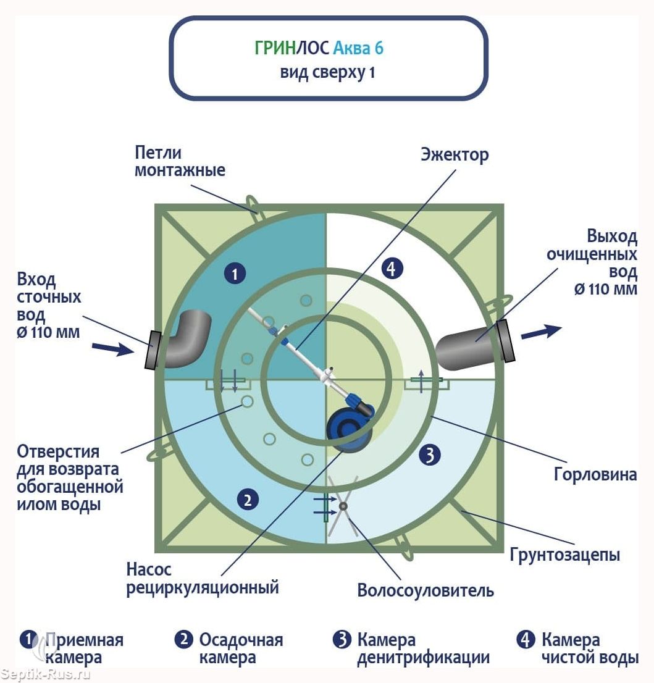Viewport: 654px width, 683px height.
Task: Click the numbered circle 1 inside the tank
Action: pyautogui.click(x=235, y=273)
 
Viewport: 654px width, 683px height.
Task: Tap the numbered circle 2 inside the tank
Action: pyautogui.click(x=247, y=500)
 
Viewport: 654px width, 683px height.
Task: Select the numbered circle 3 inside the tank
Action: pyautogui.click(x=429, y=455)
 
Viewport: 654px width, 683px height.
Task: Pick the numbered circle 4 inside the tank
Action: pyautogui.click(x=393, y=269)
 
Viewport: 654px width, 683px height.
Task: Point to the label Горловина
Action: pyautogui.click(x=595, y=475)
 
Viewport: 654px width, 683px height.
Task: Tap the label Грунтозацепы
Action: pyautogui.click(x=564, y=554)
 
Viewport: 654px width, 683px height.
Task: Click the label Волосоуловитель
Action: pyautogui.click(x=426, y=590)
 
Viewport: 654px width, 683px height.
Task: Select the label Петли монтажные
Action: pyautogui.click(x=179, y=161)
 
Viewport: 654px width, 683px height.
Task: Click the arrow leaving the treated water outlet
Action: pyautogui.click(x=540, y=332)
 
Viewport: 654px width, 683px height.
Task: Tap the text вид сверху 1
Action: pyautogui.click(x=327, y=72)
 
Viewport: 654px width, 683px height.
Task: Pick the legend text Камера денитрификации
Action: pyautogui.click(x=423, y=648)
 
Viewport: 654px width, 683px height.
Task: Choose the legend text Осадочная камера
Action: pyautogui.click(x=241, y=648)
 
